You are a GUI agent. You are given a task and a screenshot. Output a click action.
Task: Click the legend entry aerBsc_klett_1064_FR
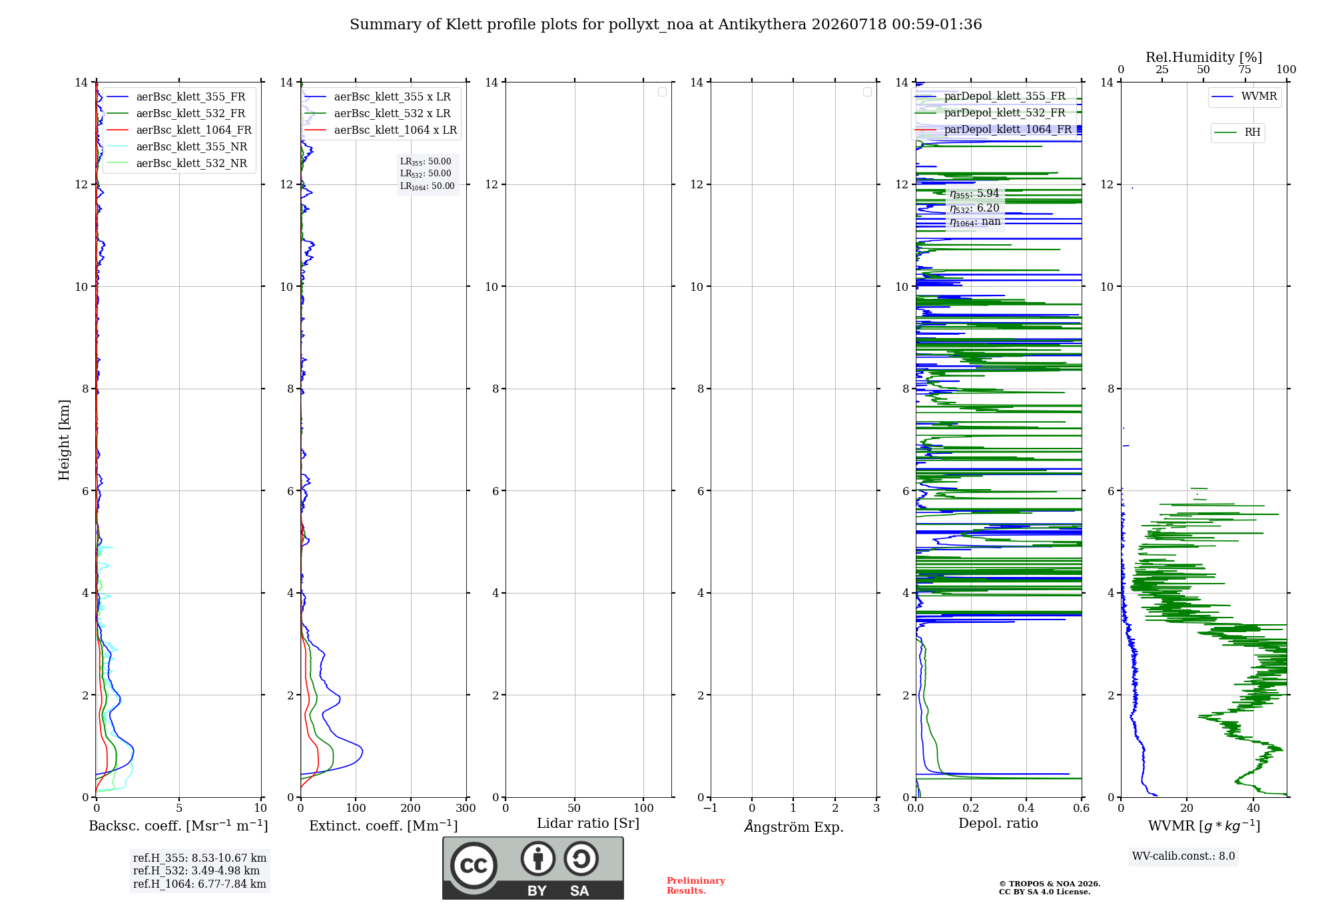pos(178,130)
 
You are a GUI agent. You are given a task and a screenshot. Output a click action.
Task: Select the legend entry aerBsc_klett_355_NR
pos(176,146)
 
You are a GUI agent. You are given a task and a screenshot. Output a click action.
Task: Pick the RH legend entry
pos(1237,132)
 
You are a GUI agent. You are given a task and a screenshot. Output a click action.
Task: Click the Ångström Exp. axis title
pos(794,826)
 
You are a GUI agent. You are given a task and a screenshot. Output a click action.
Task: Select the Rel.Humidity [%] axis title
pos(1204,57)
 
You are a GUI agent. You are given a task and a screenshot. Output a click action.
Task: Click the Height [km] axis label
pos(64,440)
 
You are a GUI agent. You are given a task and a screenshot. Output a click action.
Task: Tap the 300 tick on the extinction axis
pos(466,808)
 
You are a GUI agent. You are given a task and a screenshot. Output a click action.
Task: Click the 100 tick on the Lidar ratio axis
pos(643,808)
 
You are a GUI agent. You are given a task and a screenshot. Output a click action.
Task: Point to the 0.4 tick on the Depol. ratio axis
pos(1026,808)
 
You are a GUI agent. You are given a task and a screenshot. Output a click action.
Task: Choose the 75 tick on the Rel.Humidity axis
pos(1245,70)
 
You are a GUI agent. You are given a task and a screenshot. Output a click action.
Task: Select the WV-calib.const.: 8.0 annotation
pos(1183,856)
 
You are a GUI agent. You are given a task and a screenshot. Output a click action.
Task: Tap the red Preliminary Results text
pos(696,886)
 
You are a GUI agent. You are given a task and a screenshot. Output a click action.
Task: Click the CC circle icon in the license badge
pos(474,866)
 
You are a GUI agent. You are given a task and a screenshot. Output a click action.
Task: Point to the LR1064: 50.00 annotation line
pos(428,186)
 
